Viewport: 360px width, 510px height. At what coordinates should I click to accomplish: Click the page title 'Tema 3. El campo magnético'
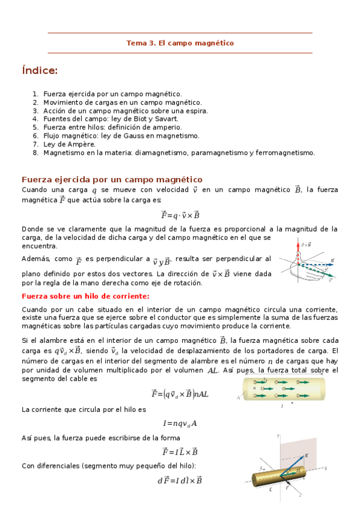[x=180, y=43]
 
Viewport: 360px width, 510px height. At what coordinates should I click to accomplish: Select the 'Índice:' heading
[x=40, y=71]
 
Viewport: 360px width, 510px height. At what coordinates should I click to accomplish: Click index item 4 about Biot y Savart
[x=111, y=119]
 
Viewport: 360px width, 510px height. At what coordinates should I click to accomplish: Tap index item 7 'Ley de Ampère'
[x=69, y=144]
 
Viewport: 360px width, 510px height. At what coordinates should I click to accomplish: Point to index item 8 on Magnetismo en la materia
[x=178, y=153]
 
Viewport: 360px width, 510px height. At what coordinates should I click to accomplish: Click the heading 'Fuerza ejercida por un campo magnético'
[x=112, y=180]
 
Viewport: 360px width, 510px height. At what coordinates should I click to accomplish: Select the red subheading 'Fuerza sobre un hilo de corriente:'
[x=85, y=296]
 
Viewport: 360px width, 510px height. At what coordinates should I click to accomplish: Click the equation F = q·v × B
[x=180, y=215]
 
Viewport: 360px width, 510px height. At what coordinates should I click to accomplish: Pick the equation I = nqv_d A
[x=180, y=423]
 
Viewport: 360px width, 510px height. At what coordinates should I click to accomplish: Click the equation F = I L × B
[x=180, y=452]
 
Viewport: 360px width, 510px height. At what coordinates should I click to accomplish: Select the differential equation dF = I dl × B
[x=180, y=480]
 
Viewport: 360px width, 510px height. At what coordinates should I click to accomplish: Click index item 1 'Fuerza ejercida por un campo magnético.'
[x=112, y=94]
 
